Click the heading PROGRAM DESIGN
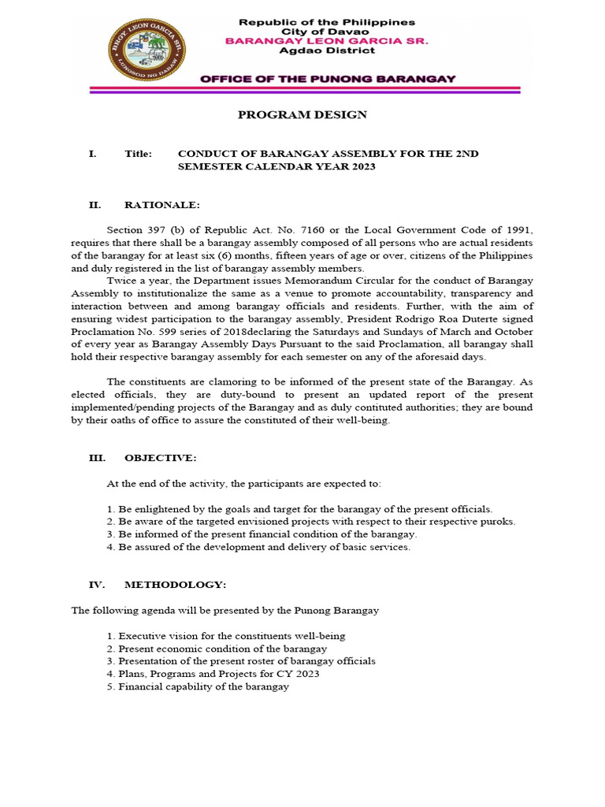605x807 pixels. click(x=302, y=115)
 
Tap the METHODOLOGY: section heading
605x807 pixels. click(x=175, y=585)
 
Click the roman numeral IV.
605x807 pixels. click(x=95, y=585)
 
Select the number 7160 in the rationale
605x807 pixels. click(x=295, y=230)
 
